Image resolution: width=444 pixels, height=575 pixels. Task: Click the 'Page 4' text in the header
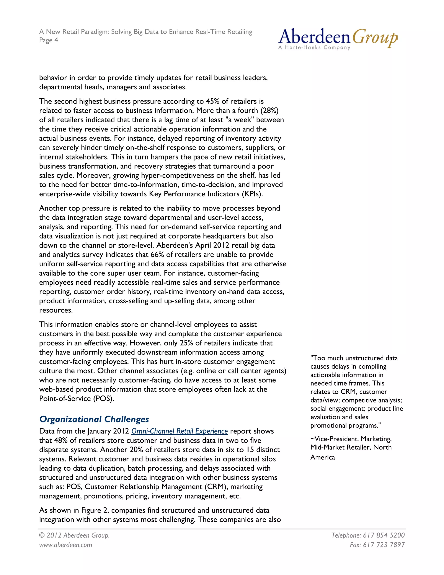[x=48, y=40]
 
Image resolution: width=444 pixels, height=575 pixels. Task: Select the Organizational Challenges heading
[x=94, y=419]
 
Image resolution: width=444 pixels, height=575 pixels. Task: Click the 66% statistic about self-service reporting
[x=157, y=255]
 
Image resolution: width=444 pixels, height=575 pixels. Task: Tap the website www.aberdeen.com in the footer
[x=65, y=545]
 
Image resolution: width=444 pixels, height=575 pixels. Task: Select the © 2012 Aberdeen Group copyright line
[x=74, y=535]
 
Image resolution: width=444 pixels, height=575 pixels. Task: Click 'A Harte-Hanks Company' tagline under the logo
[x=314, y=48]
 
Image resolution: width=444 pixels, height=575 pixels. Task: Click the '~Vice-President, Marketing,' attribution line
[x=351, y=439]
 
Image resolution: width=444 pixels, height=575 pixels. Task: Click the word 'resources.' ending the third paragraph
[x=56, y=310]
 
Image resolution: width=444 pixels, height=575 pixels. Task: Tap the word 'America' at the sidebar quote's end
[x=322, y=457]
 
